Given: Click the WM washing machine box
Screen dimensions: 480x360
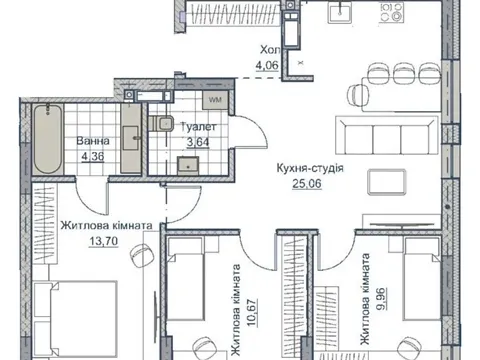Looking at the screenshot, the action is click(x=215, y=99).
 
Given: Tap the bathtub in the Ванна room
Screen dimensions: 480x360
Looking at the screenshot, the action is click(x=48, y=139).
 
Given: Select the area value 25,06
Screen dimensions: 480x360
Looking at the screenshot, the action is click(x=307, y=184).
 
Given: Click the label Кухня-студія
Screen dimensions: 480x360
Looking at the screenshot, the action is click(x=310, y=168).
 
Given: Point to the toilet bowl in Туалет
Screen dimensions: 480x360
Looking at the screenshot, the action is click(x=161, y=123).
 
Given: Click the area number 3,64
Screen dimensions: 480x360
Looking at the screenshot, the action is click(x=198, y=142).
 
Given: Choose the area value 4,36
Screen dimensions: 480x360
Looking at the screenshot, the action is click(x=91, y=156).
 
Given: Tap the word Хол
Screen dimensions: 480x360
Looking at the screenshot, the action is click(x=270, y=50).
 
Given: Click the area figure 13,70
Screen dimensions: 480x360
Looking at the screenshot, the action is click(x=103, y=241).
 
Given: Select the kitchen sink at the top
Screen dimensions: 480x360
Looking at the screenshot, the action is click(x=339, y=12).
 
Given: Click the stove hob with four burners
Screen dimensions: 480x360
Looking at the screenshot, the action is click(x=391, y=12).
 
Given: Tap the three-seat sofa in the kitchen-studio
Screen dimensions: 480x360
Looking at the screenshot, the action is click(x=387, y=136).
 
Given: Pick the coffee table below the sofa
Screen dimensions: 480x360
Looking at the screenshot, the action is click(x=387, y=182).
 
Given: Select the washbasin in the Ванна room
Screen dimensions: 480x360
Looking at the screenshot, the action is click(x=131, y=138).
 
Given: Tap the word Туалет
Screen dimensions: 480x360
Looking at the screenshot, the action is click(x=198, y=127).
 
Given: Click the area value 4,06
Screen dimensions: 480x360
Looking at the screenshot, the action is click(x=267, y=65).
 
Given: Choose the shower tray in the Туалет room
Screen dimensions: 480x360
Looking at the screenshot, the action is click(x=188, y=166).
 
